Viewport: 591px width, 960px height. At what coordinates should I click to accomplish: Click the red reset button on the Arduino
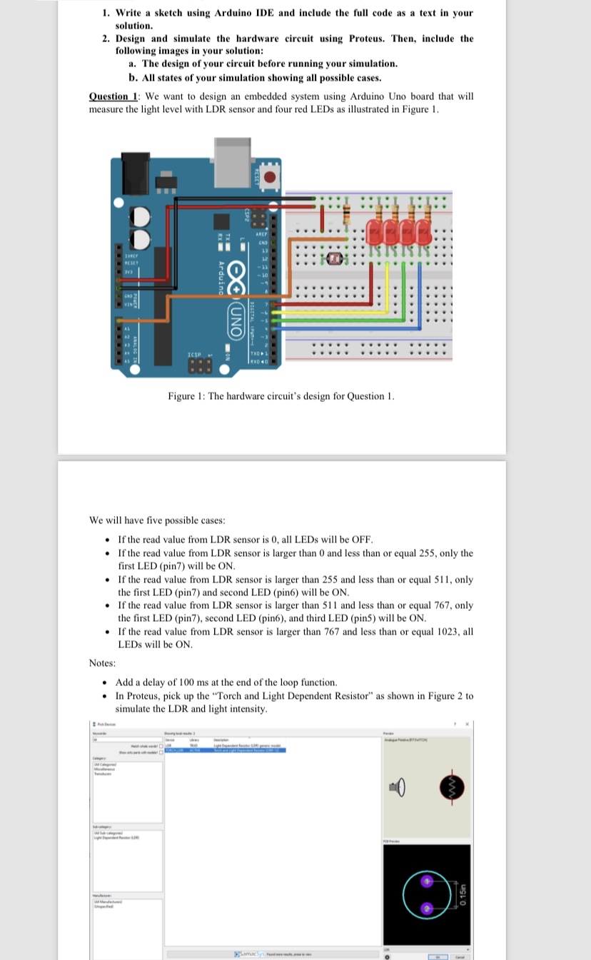(x=270, y=177)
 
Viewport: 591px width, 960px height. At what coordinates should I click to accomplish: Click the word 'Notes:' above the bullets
(x=103, y=663)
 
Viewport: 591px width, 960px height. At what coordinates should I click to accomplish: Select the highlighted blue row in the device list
(x=225, y=750)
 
